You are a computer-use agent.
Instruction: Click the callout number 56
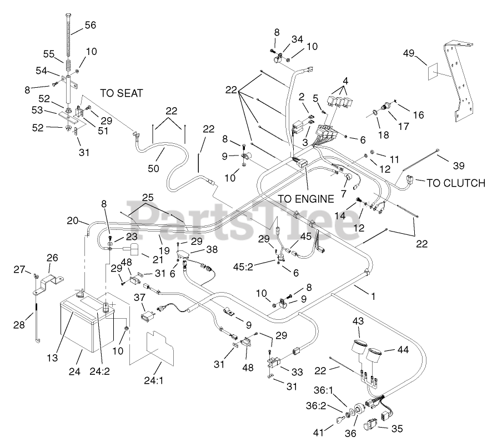click(x=90, y=25)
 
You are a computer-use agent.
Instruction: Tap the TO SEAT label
click(x=121, y=93)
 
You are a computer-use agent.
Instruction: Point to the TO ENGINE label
click(x=306, y=198)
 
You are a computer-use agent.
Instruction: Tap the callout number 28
click(x=19, y=324)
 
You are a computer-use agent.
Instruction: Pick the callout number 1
click(x=373, y=297)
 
